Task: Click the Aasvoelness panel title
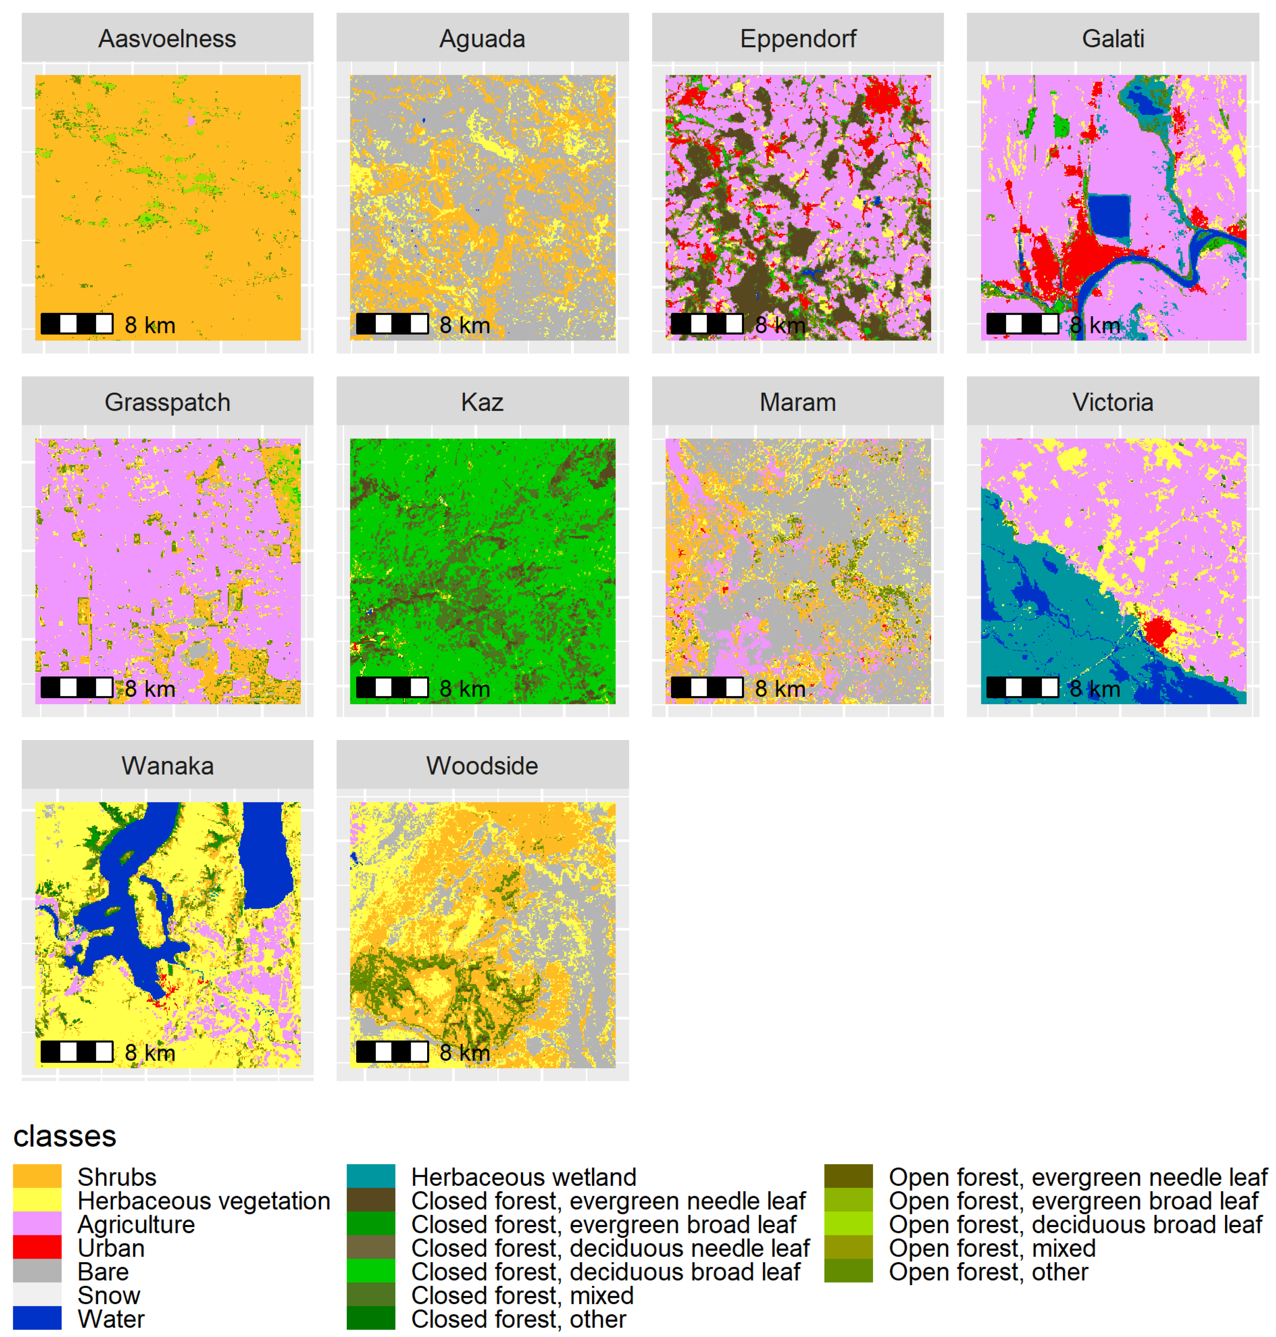[x=167, y=39]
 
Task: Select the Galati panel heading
[x=1113, y=39]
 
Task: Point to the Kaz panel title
[x=482, y=402]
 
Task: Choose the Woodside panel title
[x=482, y=765]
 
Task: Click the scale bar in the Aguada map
[x=392, y=324]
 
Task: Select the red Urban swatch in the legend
[x=37, y=1248]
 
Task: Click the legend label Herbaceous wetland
[x=524, y=1177]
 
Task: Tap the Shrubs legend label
[x=117, y=1177]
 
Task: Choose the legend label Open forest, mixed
[x=992, y=1248]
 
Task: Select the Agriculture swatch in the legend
[x=37, y=1224]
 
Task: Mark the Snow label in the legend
[x=109, y=1295]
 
